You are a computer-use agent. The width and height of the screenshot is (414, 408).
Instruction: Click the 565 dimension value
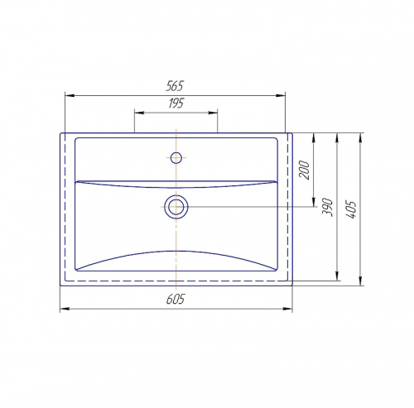(x=175, y=86)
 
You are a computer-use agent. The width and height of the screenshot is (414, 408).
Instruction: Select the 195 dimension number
(x=176, y=103)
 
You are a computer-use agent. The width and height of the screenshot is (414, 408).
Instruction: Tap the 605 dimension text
(x=176, y=299)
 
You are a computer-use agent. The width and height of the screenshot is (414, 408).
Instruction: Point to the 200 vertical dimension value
(x=304, y=170)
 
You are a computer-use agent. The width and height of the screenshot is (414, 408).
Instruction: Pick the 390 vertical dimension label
(x=328, y=207)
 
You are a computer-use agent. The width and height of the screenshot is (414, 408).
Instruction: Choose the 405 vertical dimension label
(x=351, y=209)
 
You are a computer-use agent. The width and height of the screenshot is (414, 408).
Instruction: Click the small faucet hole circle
(x=176, y=158)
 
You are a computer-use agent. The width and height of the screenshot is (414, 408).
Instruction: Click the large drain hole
(x=176, y=207)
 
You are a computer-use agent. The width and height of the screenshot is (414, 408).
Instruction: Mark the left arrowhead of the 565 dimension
(x=70, y=96)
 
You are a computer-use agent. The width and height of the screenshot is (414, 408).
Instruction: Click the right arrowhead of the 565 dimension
(x=281, y=96)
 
